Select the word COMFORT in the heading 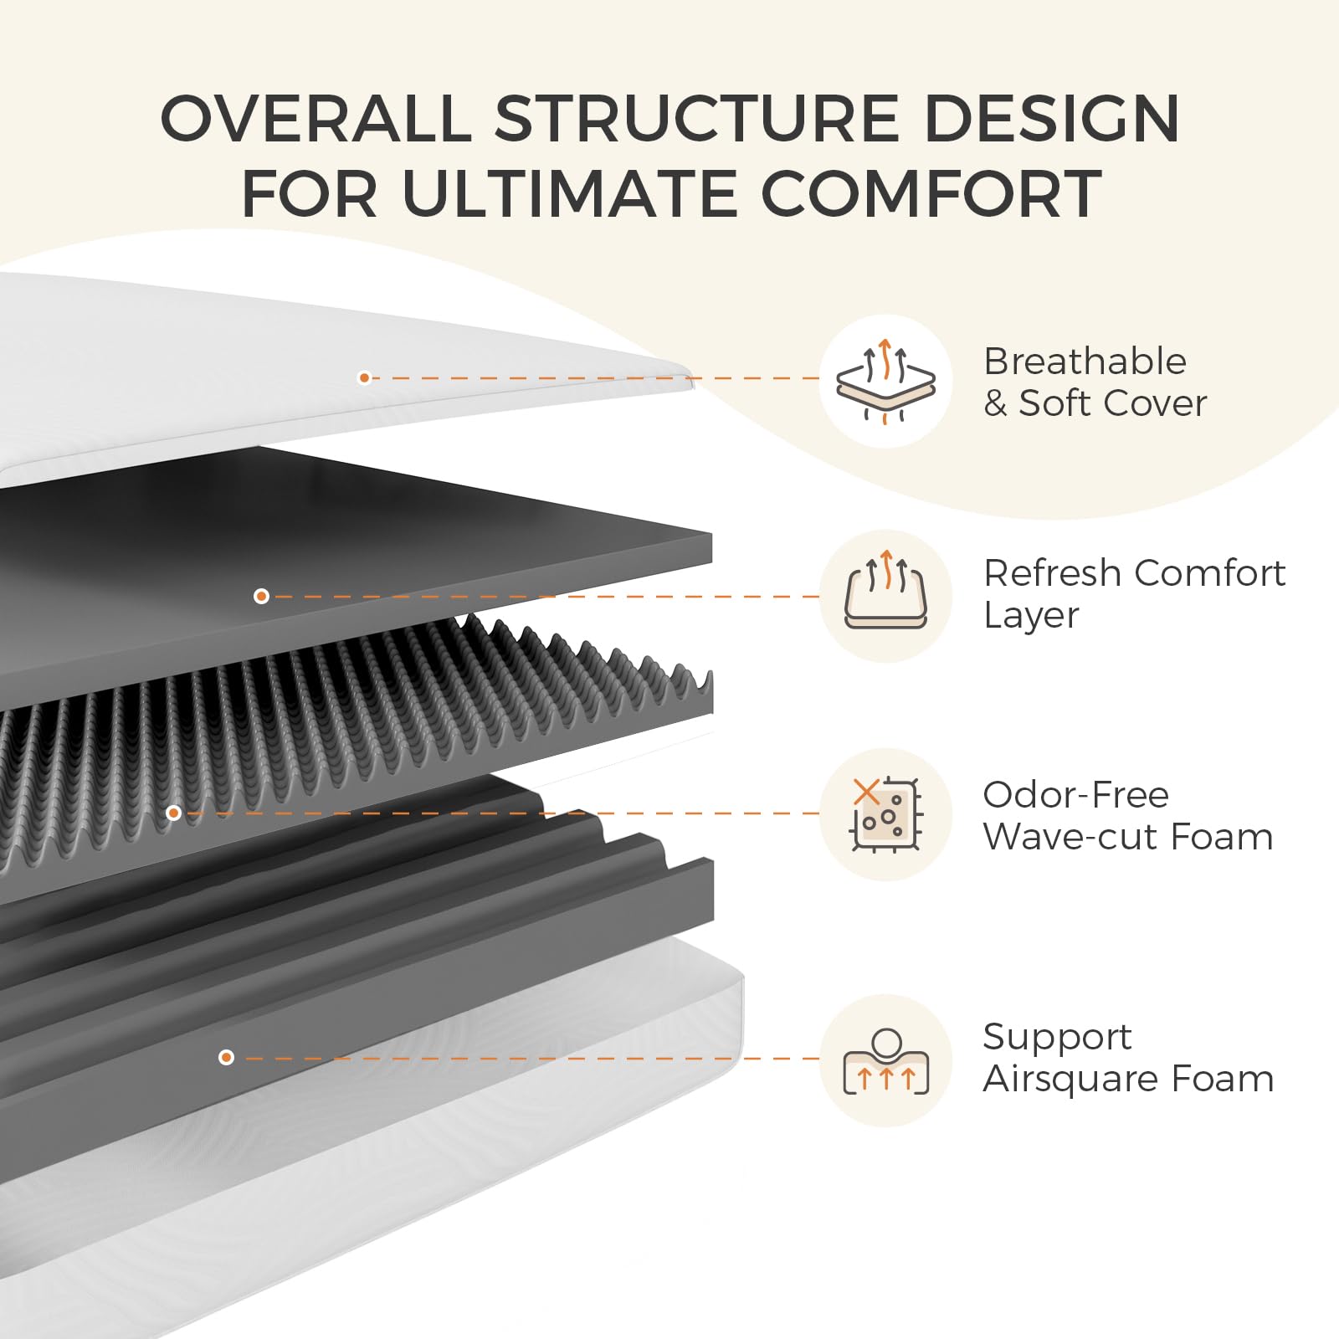pos(931,194)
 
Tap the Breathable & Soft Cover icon pos(885,381)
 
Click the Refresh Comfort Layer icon pos(885,596)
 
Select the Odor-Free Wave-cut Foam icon pos(885,814)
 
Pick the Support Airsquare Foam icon pos(885,1060)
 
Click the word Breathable pos(1085,362)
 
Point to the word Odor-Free pos(1075,794)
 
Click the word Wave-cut pos(1070,836)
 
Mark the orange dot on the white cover pos(364,378)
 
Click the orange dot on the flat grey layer pos(261,596)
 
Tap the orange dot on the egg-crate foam pos(173,813)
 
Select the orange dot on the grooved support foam pos(226,1058)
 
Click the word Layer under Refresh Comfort pos(1030,616)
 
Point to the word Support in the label pos(1057,1037)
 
